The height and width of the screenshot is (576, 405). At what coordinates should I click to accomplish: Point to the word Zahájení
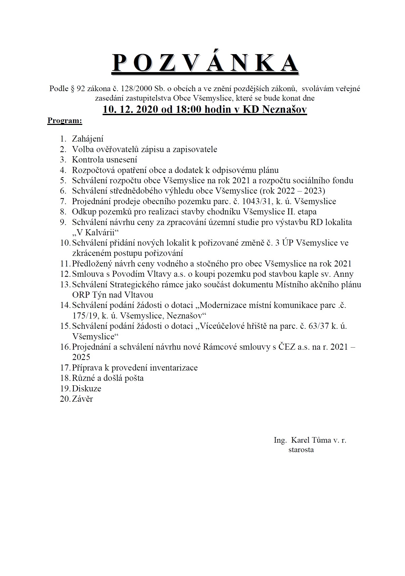point(88,139)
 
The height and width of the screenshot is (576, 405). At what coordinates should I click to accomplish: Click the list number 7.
point(63,202)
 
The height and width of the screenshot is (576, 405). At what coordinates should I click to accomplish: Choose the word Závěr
point(82,399)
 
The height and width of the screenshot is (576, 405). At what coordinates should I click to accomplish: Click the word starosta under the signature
point(301,450)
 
